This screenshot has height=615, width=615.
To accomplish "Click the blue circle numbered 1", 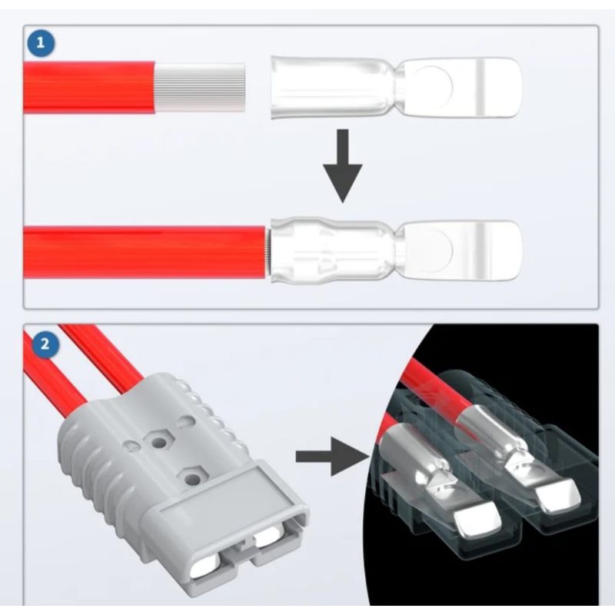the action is tap(41, 43).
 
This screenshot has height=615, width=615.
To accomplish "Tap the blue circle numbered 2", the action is tap(45, 344).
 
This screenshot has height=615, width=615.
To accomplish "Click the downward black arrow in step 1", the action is tap(343, 166).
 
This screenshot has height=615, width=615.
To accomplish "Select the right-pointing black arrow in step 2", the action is tap(331, 456).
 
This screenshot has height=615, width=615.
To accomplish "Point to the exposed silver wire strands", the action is tap(200, 87).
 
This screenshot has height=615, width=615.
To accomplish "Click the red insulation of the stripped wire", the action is tap(88, 87).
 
